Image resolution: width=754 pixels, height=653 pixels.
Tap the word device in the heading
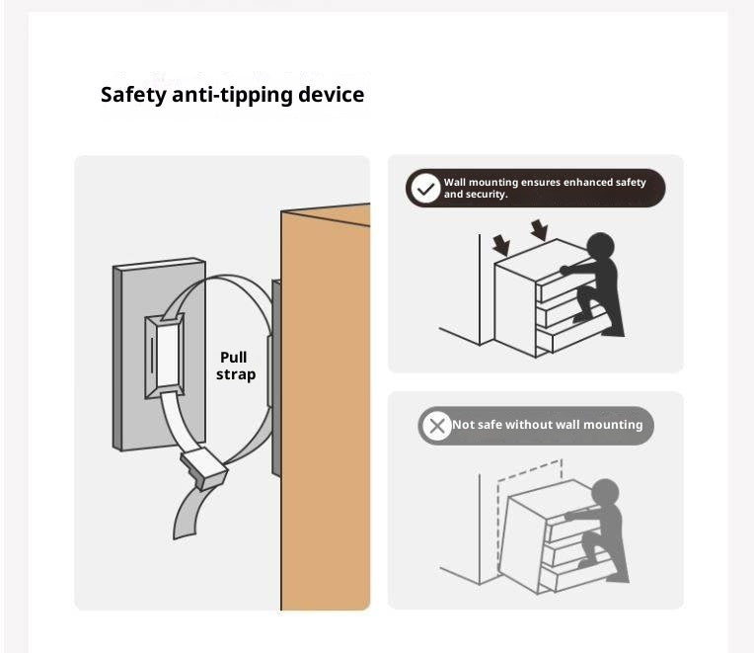[331, 94]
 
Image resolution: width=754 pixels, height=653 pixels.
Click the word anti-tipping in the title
[232, 95]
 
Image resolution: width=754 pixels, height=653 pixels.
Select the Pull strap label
[235, 366]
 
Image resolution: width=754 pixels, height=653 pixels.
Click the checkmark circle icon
[424, 188]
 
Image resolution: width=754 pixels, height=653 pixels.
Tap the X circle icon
[436, 426]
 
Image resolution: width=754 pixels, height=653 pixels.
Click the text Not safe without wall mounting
[547, 425]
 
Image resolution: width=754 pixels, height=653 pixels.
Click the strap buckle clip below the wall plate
[204, 467]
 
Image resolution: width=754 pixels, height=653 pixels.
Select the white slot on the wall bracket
[168, 356]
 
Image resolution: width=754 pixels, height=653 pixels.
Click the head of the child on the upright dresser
[600, 246]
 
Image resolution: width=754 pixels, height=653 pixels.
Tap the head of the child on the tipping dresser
[605, 493]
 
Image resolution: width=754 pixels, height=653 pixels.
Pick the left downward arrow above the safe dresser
[501, 245]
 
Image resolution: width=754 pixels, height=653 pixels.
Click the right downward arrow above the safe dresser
[539, 230]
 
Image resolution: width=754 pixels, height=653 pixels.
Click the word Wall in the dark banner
[454, 183]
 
